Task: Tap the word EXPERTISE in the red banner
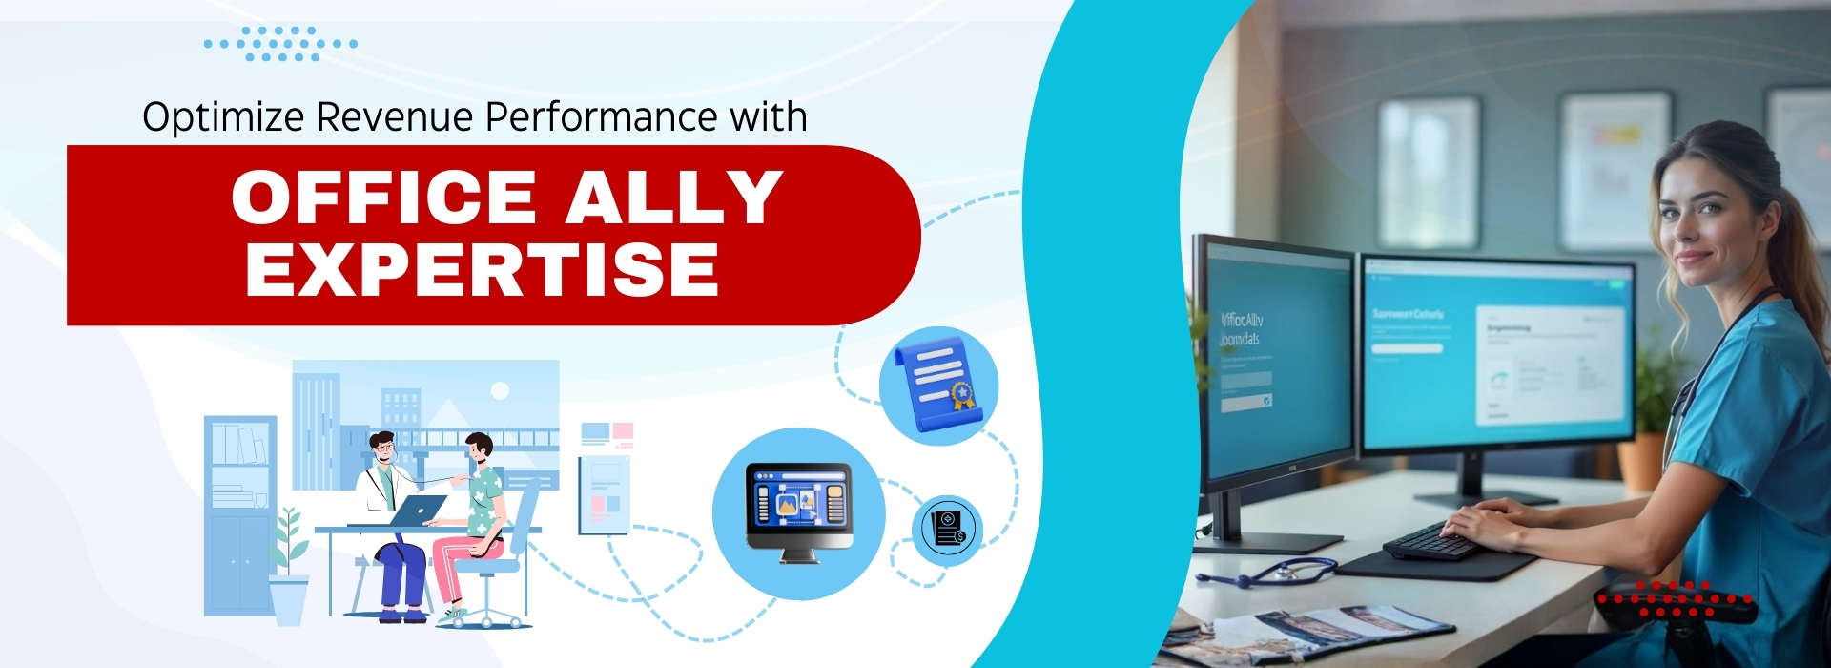click(x=482, y=270)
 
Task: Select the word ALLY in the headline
click(x=674, y=198)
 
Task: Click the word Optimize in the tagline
click(x=223, y=117)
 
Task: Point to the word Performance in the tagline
click(x=601, y=117)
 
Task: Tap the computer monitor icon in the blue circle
click(x=798, y=511)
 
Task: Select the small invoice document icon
click(x=947, y=528)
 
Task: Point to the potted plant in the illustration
click(x=288, y=563)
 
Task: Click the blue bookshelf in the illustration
click(x=239, y=515)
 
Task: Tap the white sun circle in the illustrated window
click(x=500, y=390)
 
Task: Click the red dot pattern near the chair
click(x=1674, y=599)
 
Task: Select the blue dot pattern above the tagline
click(x=280, y=44)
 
